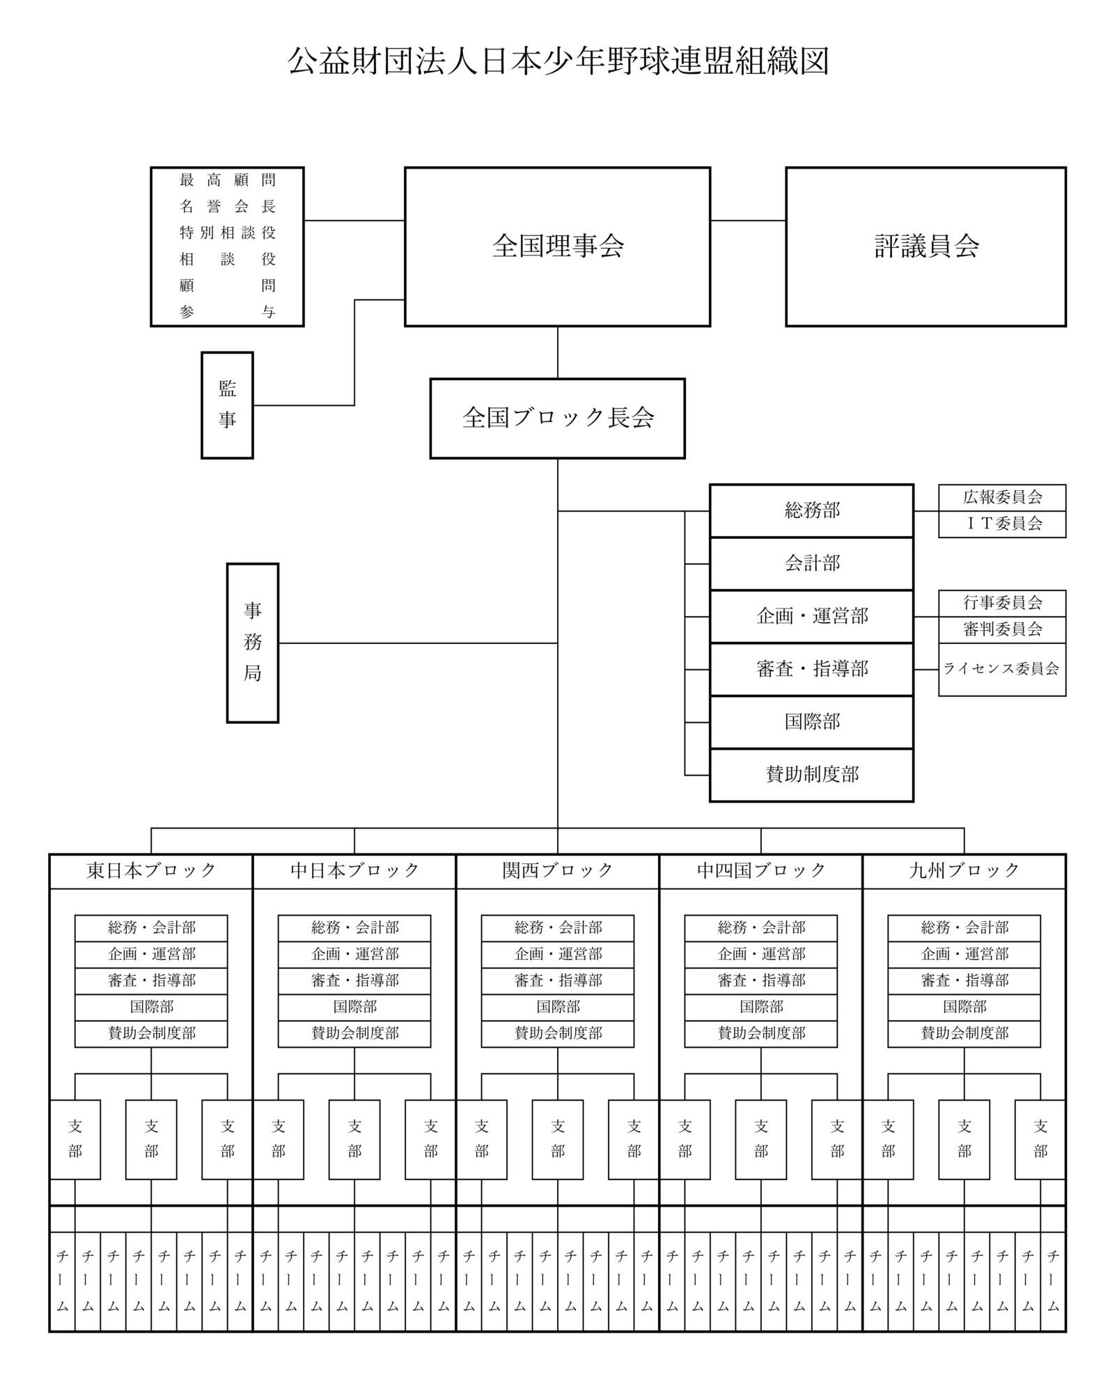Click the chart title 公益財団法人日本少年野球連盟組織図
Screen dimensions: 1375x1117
click(558, 61)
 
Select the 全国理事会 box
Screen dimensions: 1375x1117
click(557, 246)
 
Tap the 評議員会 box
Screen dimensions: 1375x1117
click(925, 246)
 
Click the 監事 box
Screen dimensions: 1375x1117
click(227, 404)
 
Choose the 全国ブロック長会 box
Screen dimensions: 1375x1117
click(557, 418)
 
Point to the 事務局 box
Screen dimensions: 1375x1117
click(252, 643)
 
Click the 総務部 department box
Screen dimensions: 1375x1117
click(811, 510)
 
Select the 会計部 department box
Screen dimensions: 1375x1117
click(811, 563)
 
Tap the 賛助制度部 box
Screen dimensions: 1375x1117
click(811, 774)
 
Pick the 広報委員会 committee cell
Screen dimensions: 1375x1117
click(1001, 497)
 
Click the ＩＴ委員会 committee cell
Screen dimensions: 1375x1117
click(1001, 524)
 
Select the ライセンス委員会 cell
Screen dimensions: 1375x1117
click(1001, 669)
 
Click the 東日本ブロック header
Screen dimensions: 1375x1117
click(151, 870)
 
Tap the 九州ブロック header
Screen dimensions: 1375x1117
click(964, 870)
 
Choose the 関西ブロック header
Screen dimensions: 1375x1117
click(557, 870)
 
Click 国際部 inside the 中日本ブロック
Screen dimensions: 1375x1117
click(354, 1007)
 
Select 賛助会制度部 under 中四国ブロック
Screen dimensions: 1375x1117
click(760, 1033)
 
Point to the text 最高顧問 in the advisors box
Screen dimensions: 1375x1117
click(227, 180)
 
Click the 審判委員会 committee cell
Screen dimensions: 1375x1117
click(1001, 629)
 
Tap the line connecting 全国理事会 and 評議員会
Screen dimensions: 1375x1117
click(748, 221)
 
